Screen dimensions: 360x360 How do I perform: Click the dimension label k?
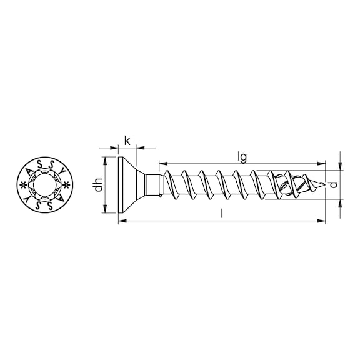[x=127, y=141]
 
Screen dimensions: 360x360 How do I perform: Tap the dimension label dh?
[x=98, y=185]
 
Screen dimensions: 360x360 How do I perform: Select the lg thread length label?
[x=242, y=157]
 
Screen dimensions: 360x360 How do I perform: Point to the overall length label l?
[x=222, y=213]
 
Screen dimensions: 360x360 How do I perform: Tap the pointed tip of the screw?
[x=324, y=184]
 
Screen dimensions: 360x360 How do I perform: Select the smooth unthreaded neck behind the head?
[x=152, y=185]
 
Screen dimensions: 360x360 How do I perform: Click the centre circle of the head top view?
[x=45, y=185]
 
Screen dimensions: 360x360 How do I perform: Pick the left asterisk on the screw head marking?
[x=22, y=185]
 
